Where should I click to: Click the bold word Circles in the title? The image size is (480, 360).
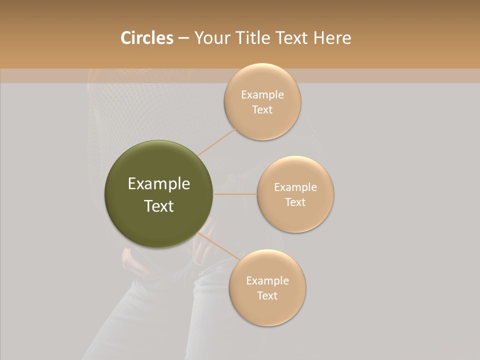click(x=146, y=38)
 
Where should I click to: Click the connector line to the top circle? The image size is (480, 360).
click(x=216, y=141)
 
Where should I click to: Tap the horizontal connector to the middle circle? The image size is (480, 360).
click(x=234, y=193)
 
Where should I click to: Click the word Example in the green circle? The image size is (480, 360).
click(x=158, y=184)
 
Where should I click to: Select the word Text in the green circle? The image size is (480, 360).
click(x=158, y=206)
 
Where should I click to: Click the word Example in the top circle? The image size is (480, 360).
click(x=262, y=94)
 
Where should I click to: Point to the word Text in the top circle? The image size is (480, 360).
click(x=262, y=109)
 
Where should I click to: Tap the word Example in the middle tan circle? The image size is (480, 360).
click(x=295, y=187)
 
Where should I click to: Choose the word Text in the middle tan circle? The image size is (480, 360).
click(x=295, y=202)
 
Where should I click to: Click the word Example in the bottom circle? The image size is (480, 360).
click(x=267, y=280)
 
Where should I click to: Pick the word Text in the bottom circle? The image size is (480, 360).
click(x=267, y=295)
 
